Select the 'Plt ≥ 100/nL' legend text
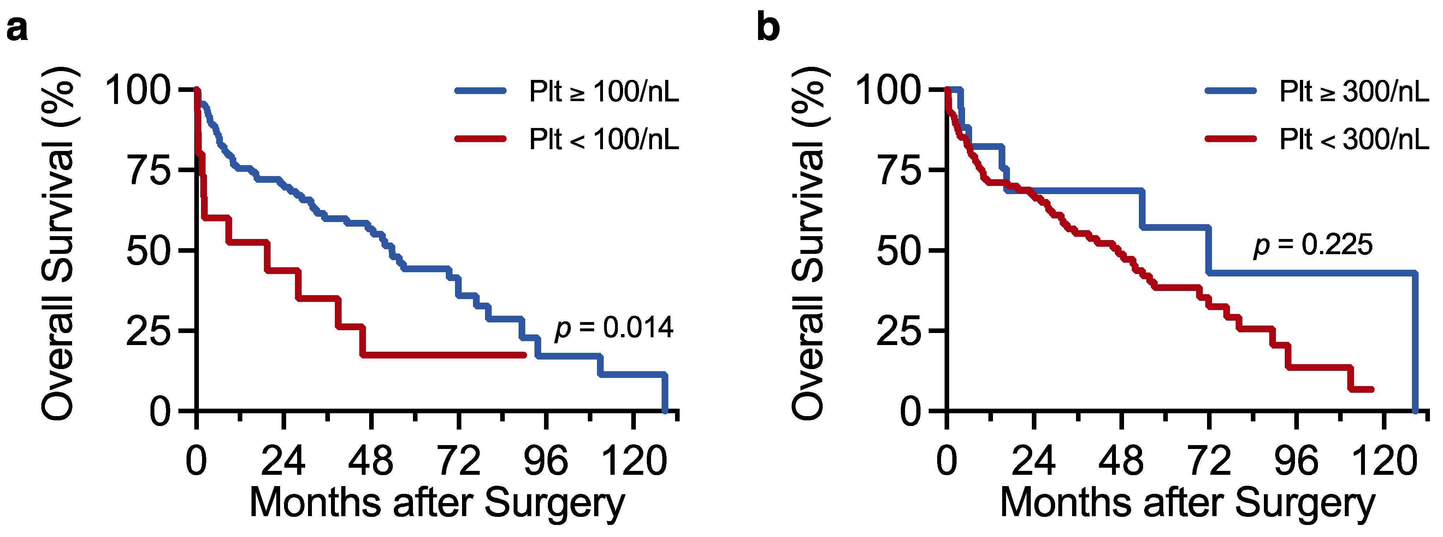tap(604, 91)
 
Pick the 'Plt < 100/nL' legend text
tap(604, 139)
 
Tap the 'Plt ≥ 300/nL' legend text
tap(1354, 91)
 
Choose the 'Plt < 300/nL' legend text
tap(1354, 139)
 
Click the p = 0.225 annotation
tap(1313, 245)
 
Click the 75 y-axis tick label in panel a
tap(149, 170)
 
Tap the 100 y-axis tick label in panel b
tap(888, 90)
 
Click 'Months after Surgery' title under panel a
tap(437, 503)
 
